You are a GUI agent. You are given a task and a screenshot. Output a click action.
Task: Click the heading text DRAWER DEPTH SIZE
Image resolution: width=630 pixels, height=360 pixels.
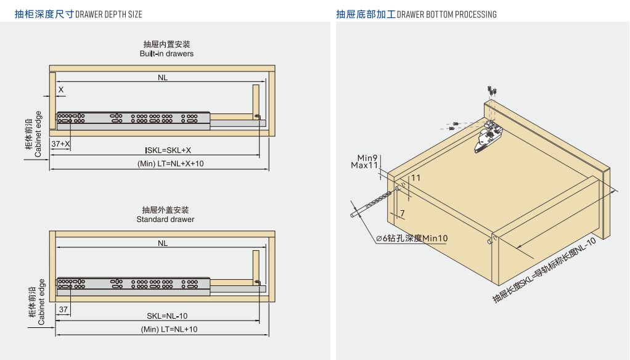[x=108, y=14]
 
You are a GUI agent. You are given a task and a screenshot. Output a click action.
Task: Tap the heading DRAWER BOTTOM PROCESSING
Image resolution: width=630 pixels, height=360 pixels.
[x=447, y=14]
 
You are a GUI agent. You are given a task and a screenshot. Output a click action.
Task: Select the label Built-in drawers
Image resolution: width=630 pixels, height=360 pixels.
[x=166, y=54]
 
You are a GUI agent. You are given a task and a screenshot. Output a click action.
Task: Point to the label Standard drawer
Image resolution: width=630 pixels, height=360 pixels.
[x=165, y=219]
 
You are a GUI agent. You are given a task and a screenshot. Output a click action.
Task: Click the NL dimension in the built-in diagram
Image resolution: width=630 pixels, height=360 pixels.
[x=163, y=78]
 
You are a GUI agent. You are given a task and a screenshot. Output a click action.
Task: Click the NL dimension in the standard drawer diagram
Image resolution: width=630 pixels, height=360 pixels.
[x=163, y=243]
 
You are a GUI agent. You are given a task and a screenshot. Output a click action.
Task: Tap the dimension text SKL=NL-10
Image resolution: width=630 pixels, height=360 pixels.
[x=167, y=316]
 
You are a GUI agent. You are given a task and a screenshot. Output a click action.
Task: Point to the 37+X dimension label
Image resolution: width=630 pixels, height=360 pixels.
[x=60, y=144]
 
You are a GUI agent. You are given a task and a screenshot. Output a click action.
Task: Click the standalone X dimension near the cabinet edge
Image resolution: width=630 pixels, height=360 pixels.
[x=60, y=89]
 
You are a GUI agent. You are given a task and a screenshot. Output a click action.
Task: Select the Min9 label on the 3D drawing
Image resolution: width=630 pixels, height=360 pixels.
[x=367, y=158]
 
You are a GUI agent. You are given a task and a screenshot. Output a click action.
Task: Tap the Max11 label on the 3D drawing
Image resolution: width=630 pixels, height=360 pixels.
[x=364, y=165]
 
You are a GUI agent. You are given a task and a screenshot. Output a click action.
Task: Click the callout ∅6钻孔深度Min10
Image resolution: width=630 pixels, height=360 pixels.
[x=412, y=239]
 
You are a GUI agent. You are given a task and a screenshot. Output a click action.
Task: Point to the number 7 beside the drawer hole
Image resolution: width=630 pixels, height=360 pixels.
[x=402, y=214]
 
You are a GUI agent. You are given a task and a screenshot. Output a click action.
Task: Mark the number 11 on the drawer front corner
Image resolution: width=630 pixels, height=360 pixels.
[x=415, y=178]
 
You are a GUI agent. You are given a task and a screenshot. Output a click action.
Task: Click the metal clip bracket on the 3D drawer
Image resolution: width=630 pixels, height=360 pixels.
[x=490, y=137]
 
